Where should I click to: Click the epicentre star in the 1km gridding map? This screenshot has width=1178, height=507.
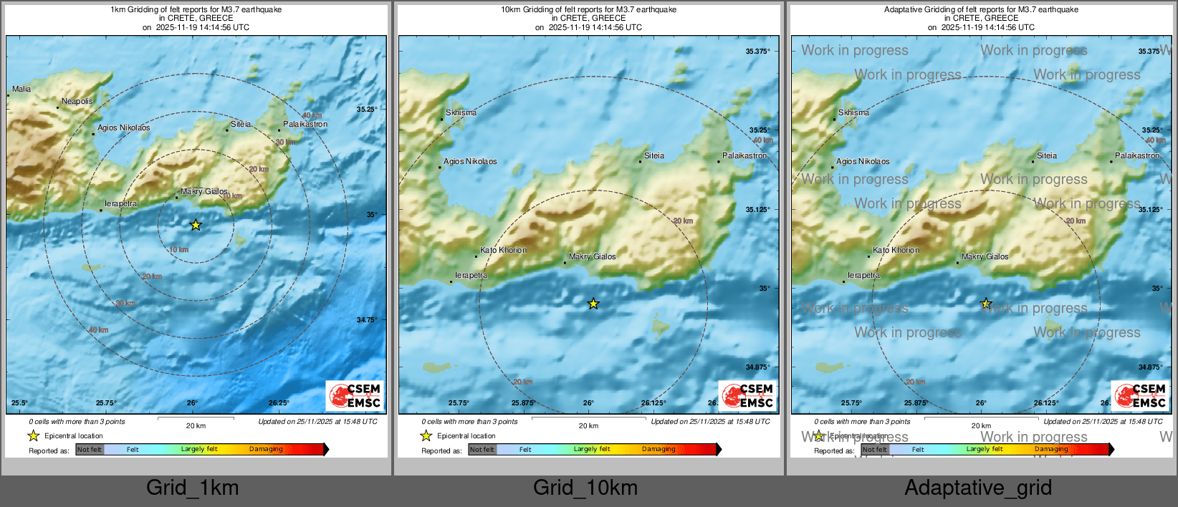click(196, 225)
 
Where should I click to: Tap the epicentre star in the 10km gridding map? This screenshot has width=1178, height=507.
click(593, 304)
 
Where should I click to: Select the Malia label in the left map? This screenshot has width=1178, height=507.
click(21, 90)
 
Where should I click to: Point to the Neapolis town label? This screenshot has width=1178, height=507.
click(77, 102)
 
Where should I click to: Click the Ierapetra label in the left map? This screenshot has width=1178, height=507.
click(120, 204)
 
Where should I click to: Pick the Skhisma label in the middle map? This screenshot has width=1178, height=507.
click(461, 113)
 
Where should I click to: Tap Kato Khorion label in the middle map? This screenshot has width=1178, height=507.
click(503, 251)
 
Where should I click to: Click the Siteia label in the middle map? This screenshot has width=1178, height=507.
click(654, 156)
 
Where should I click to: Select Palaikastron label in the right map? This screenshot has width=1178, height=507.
click(1137, 156)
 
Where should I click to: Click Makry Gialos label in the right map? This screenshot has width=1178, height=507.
click(985, 257)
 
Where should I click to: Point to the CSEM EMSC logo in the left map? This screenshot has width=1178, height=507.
click(355, 395)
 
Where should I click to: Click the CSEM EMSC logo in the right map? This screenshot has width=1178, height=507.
click(1141, 395)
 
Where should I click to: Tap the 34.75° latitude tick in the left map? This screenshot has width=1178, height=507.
click(367, 320)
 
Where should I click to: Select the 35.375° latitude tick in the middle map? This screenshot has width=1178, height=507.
click(757, 52)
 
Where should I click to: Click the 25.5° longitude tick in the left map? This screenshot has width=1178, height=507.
click(19, 403)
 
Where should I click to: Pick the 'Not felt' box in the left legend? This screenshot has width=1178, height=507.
click(90, 450)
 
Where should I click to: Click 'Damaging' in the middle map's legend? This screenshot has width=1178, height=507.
click(659, 450)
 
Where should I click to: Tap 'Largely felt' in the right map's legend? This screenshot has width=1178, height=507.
click(985, 450)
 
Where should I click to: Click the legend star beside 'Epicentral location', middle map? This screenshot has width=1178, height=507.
click(426, 435)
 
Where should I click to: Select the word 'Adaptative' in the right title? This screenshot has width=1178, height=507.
click(904, 10)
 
